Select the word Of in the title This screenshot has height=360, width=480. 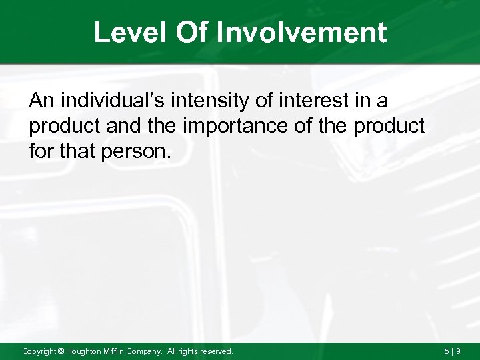click(193, 33)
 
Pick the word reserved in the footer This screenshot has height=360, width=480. click(217, 351)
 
